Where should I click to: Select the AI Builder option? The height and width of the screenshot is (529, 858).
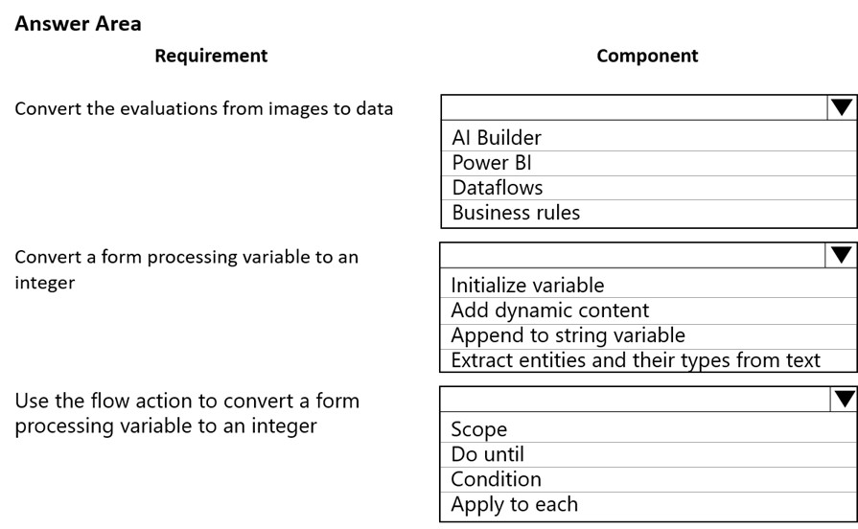(x=497, y=137)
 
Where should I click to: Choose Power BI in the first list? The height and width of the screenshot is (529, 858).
(x=492, y=163)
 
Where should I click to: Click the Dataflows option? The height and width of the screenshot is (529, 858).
(x=497, y=188)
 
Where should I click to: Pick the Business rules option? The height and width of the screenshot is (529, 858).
(x=516, y=212)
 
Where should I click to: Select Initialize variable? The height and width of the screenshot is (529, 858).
(x=527, y=285)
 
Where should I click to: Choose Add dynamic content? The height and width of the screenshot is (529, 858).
(x=550, y=310)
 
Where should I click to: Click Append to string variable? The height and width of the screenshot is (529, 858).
(x=568, y=335)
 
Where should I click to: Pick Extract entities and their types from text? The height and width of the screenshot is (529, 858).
(x=636, y=360)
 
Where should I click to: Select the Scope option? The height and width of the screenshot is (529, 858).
(x=478, y=429)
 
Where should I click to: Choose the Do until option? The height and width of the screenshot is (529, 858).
(x=487, y=454)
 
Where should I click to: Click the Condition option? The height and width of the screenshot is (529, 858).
(x=496, y=479)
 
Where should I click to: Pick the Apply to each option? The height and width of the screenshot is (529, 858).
(x=515, y=504)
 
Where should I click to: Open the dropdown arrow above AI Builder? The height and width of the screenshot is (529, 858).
(x=842, y=107)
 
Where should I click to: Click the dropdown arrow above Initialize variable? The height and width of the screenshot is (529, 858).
(x=841, y=255)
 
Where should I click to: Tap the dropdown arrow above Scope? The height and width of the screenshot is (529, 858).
(x=844, y=399)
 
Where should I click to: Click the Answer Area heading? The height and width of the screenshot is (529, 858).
(x=79, y=24)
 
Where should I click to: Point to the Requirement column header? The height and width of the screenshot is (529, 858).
(x=211, y=56)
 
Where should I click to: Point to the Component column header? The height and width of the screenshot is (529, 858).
(x=647, y=56)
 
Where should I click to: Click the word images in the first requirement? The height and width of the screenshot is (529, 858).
(x=295, y=109)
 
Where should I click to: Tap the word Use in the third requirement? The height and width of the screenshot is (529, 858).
(x=32, y=401)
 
